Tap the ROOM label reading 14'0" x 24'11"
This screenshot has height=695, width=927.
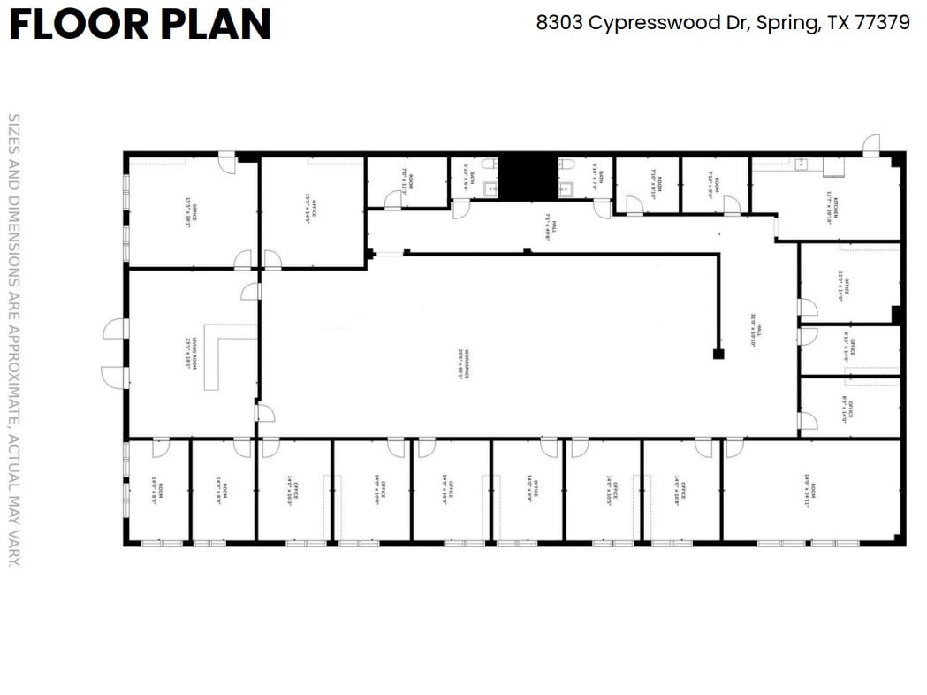click(x=810, y=491)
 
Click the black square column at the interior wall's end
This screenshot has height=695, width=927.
click(x=718, y=354)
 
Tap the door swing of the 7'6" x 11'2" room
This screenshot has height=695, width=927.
click(x=392, y=201)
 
